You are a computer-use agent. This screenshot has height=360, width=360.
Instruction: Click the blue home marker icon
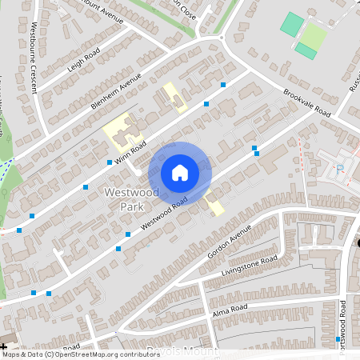click(x=180, y=172)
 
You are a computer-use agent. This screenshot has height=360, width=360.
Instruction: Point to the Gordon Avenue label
click(x=229, y=240)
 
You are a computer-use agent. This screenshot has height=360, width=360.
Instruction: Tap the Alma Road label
click(x=230, y=309)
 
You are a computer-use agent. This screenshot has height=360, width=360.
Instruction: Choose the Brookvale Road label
click(x=306, y=102)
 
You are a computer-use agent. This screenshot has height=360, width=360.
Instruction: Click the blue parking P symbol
click(x=340, y=168)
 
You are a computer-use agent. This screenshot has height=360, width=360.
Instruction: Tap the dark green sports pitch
click(x=292, y=23)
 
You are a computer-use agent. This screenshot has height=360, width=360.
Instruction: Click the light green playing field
click(x=315, y=36)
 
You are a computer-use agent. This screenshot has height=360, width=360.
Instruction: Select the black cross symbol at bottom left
click(x=4, y=347)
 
